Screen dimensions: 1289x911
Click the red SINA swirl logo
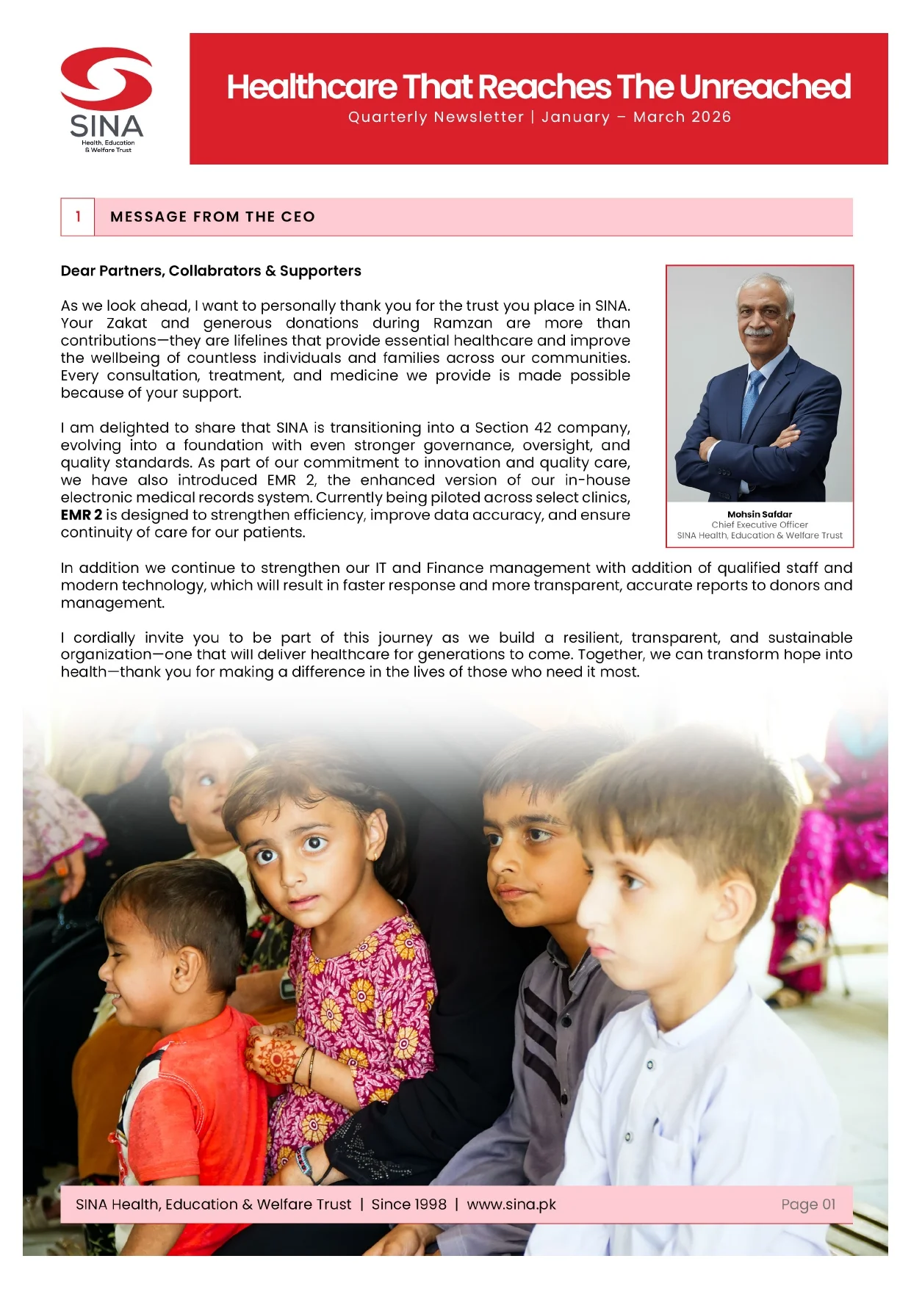tap(107, 78)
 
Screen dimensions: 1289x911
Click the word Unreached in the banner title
tap(765, 87)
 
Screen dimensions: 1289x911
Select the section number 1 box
tap(78, 217)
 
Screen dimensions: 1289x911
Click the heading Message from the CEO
tap(212, 217)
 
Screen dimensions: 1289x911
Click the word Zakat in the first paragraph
tap(126, 323)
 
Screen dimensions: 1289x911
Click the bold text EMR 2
tap(82, 515)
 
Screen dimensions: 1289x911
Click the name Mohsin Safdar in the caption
tap(760, 514)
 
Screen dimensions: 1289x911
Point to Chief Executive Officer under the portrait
tap(760, 524)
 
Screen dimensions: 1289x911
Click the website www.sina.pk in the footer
tap(511, 1205)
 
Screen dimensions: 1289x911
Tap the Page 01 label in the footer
tap(808, 1205)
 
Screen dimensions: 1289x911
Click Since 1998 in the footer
tap(408, 1205)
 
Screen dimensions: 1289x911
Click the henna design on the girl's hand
tap(273, 1058)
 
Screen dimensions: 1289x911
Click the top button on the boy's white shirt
tap(649, 1065)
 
